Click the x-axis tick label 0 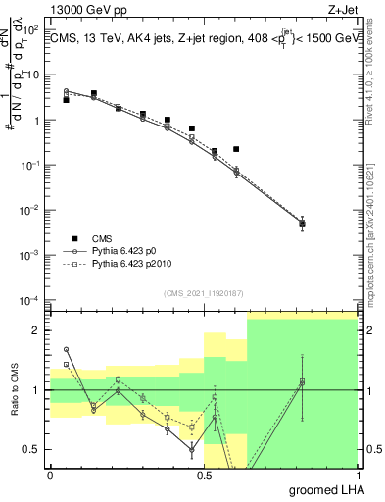coord(50,474)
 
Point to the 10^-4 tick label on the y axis coord(29,300)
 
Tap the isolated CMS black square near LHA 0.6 coord(236,149)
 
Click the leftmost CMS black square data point coord(66,100)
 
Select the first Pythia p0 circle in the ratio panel coord(66,349)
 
